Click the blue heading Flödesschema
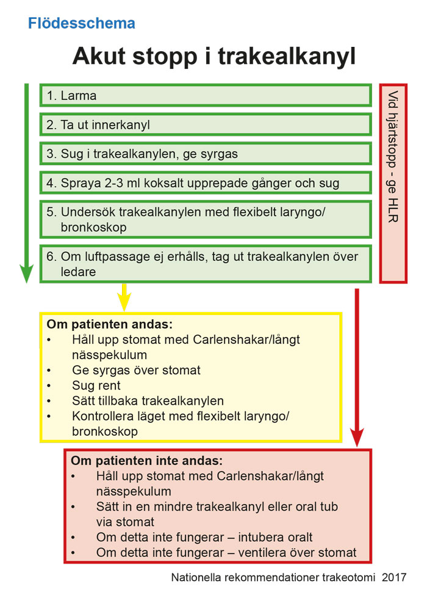(x=82, y=24)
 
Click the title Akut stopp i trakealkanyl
(x=213, y=57)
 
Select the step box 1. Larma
(x=205, y=96)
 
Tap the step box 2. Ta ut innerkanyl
(x=205, y=125)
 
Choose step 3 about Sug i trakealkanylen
(x=205, y=154)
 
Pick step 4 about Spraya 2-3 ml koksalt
(x=205, y=183)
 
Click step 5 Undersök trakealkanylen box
(x=205, y=219)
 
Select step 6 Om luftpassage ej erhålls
(x=205, y=264)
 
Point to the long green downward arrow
(x=26, y=183)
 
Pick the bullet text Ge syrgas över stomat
(x=135, y=370)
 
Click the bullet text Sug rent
(x=96, y=385)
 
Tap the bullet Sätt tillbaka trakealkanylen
(x=148, y=400)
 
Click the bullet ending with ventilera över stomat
(x=226, y=553)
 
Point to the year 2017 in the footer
(x=394, y=577)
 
